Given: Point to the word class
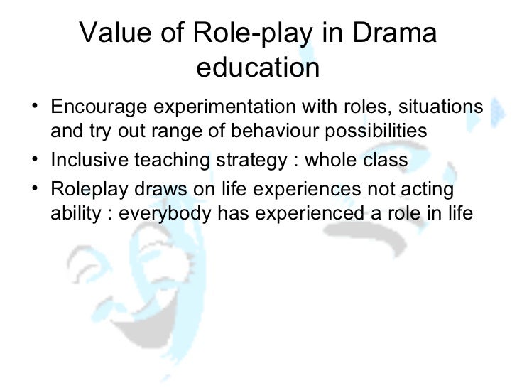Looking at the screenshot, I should (x=386, y=161).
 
